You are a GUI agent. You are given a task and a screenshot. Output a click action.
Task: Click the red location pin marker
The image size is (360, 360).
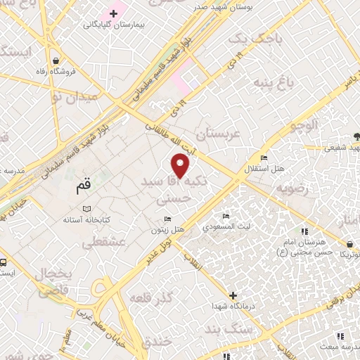[x=181, y=165]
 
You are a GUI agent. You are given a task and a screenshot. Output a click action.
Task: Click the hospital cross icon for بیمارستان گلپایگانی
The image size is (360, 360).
[x=113, y=13]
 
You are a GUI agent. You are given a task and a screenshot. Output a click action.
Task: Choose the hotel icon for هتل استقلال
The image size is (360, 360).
[x=264, y=157]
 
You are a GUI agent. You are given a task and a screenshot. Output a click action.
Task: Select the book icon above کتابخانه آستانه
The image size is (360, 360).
[x=87, y=209]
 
